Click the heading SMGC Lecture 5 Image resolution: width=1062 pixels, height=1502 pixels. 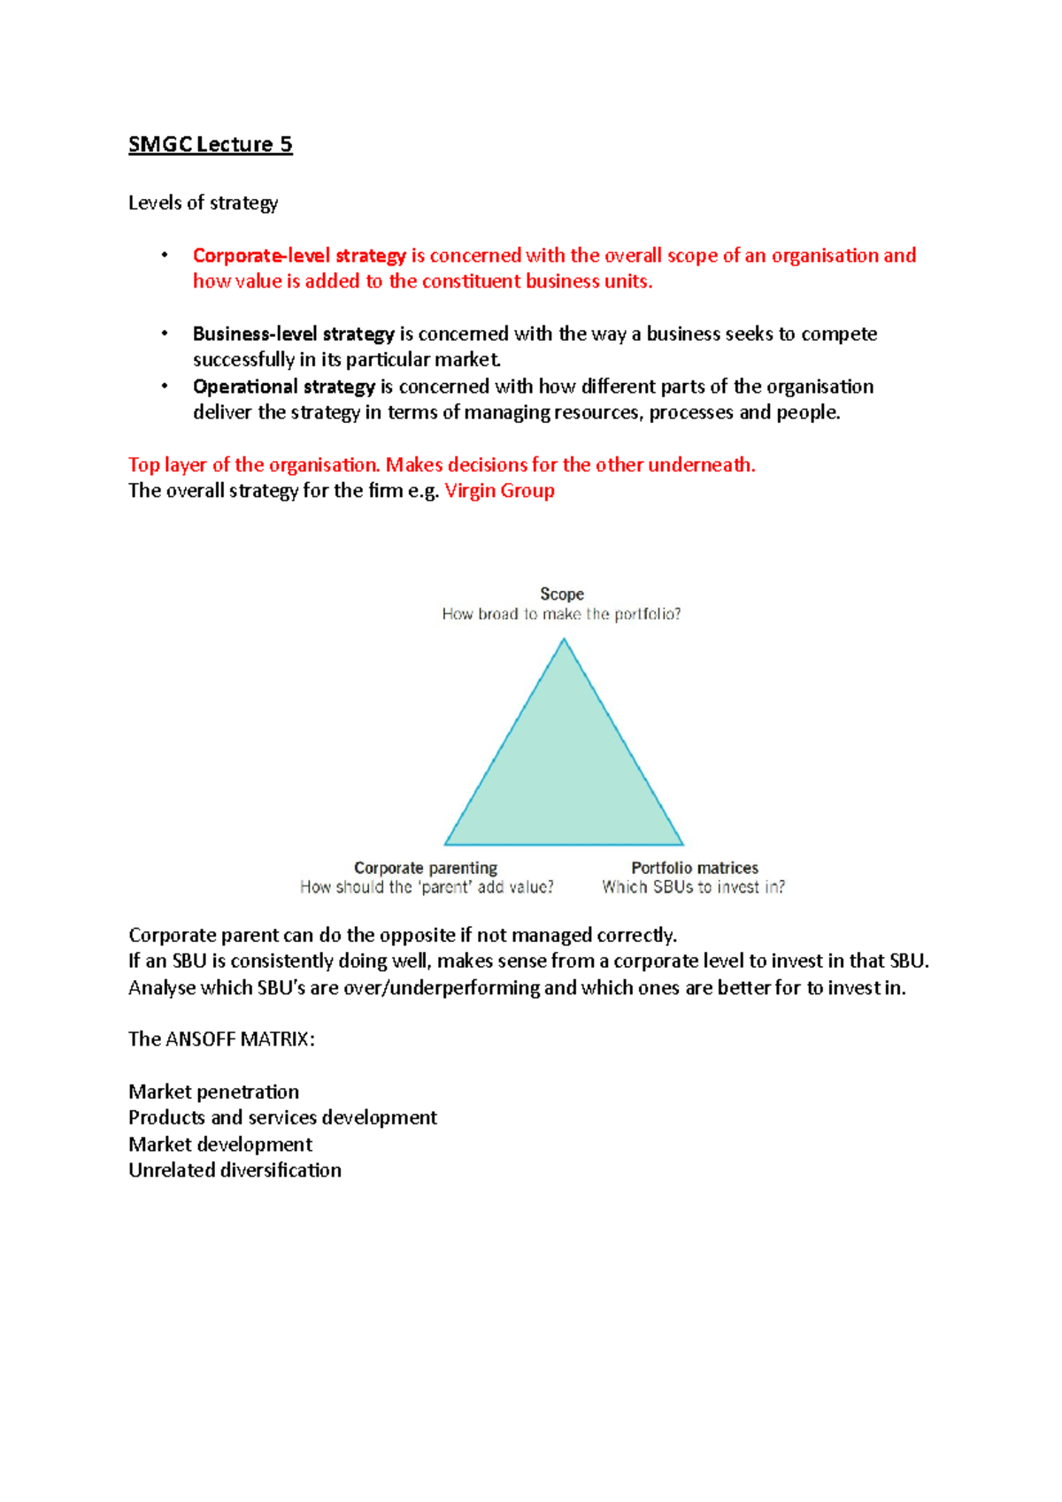coord(210,144)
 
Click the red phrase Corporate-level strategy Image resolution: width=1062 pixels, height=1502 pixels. coord(299,256)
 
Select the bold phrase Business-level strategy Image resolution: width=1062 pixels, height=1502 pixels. coord(293,334)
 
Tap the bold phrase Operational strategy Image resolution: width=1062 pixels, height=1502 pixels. coord(284,387)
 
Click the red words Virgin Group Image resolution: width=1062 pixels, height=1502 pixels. coord(499,491)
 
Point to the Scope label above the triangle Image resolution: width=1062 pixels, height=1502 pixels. coord(562,594)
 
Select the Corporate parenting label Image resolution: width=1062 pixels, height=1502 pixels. coord(426,868)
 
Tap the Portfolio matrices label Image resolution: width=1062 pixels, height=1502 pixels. coord(695,868)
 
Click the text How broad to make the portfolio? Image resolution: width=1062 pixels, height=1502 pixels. coord(562,614)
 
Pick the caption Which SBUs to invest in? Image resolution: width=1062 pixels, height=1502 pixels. coord(694,887)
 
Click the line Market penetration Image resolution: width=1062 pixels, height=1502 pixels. coord(213,1092)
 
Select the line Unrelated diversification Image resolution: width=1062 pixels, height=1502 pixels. coord(235,1170)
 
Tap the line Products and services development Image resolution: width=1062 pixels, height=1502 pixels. coord(282,1118)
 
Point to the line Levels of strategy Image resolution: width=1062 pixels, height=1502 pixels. coord(203,203)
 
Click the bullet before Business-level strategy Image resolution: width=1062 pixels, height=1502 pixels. coord(165,333)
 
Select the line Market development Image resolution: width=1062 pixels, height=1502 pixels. coord(220,1145)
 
